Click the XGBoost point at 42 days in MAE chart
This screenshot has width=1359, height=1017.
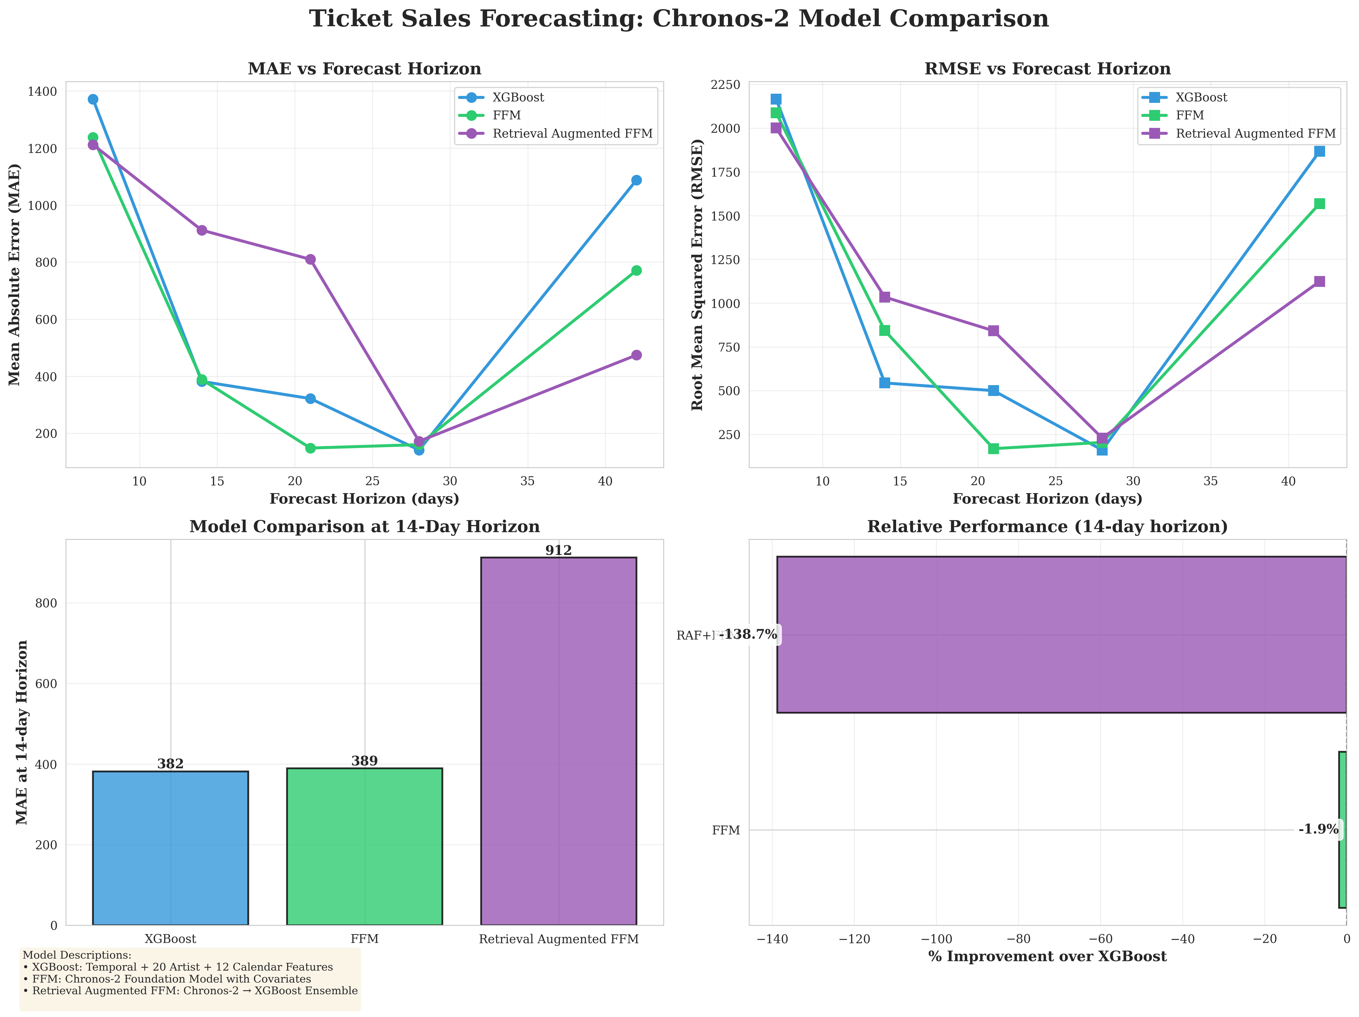[x=636, y=180]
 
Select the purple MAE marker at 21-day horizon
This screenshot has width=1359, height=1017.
[x=310, y=259]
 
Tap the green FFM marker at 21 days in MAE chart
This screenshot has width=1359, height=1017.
[x=310, y=448]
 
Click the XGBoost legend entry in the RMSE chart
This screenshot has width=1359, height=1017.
[x=1201, y=97]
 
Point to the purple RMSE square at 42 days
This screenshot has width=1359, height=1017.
[x=1319, y=281]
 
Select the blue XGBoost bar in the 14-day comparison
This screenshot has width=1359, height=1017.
[x=170, y=847]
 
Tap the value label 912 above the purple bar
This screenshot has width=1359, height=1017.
[x=558, y=550]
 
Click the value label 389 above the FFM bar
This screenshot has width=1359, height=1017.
[x=364, y=761]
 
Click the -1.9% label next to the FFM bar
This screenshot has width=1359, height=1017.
[x=1319, y=829]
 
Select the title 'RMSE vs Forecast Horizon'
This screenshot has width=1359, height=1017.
[x=1047, y=69]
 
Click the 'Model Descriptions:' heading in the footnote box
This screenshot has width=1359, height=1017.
[x=77, y=955]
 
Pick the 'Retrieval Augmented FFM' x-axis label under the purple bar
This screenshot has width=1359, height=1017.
[x=558, y=939]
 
